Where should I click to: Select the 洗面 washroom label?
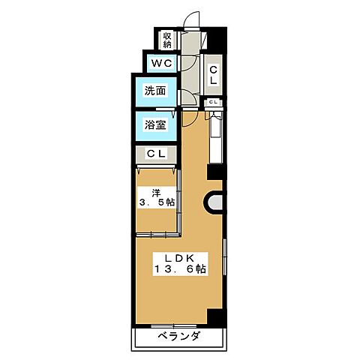click(x=156, y=91)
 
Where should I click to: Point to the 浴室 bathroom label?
click(x=156, y=125)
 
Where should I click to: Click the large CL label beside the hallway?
click(x=213, y=74)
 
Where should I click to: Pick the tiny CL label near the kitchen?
click(x=213, y=102)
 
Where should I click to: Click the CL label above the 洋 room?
click(x=156, y=154)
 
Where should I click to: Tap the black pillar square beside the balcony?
click(x=216, y=316)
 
